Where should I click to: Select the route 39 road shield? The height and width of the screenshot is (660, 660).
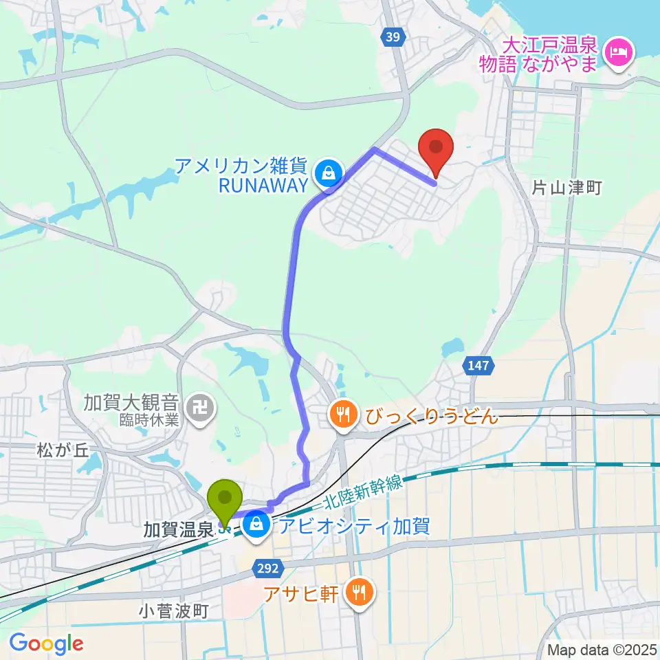pyautogui.click(x=391, y=38)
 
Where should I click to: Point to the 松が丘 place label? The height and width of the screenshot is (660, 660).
pyautogui.click(x=63, y=451)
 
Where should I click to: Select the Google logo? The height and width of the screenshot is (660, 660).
pyautogui.click(x=47, y=643)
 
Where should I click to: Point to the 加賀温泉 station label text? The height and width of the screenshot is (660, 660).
pyautogui.click(x=178, y=529)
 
